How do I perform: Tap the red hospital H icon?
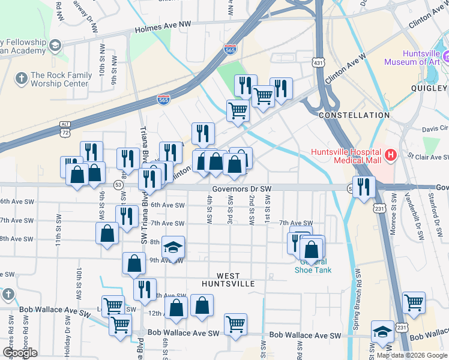391,156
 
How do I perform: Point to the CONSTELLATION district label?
354,115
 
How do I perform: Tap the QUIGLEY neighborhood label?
430,88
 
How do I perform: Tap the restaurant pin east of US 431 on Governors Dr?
364,186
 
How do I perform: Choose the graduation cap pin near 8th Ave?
173,248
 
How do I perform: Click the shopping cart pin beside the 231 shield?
414,303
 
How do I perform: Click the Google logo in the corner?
20,353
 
